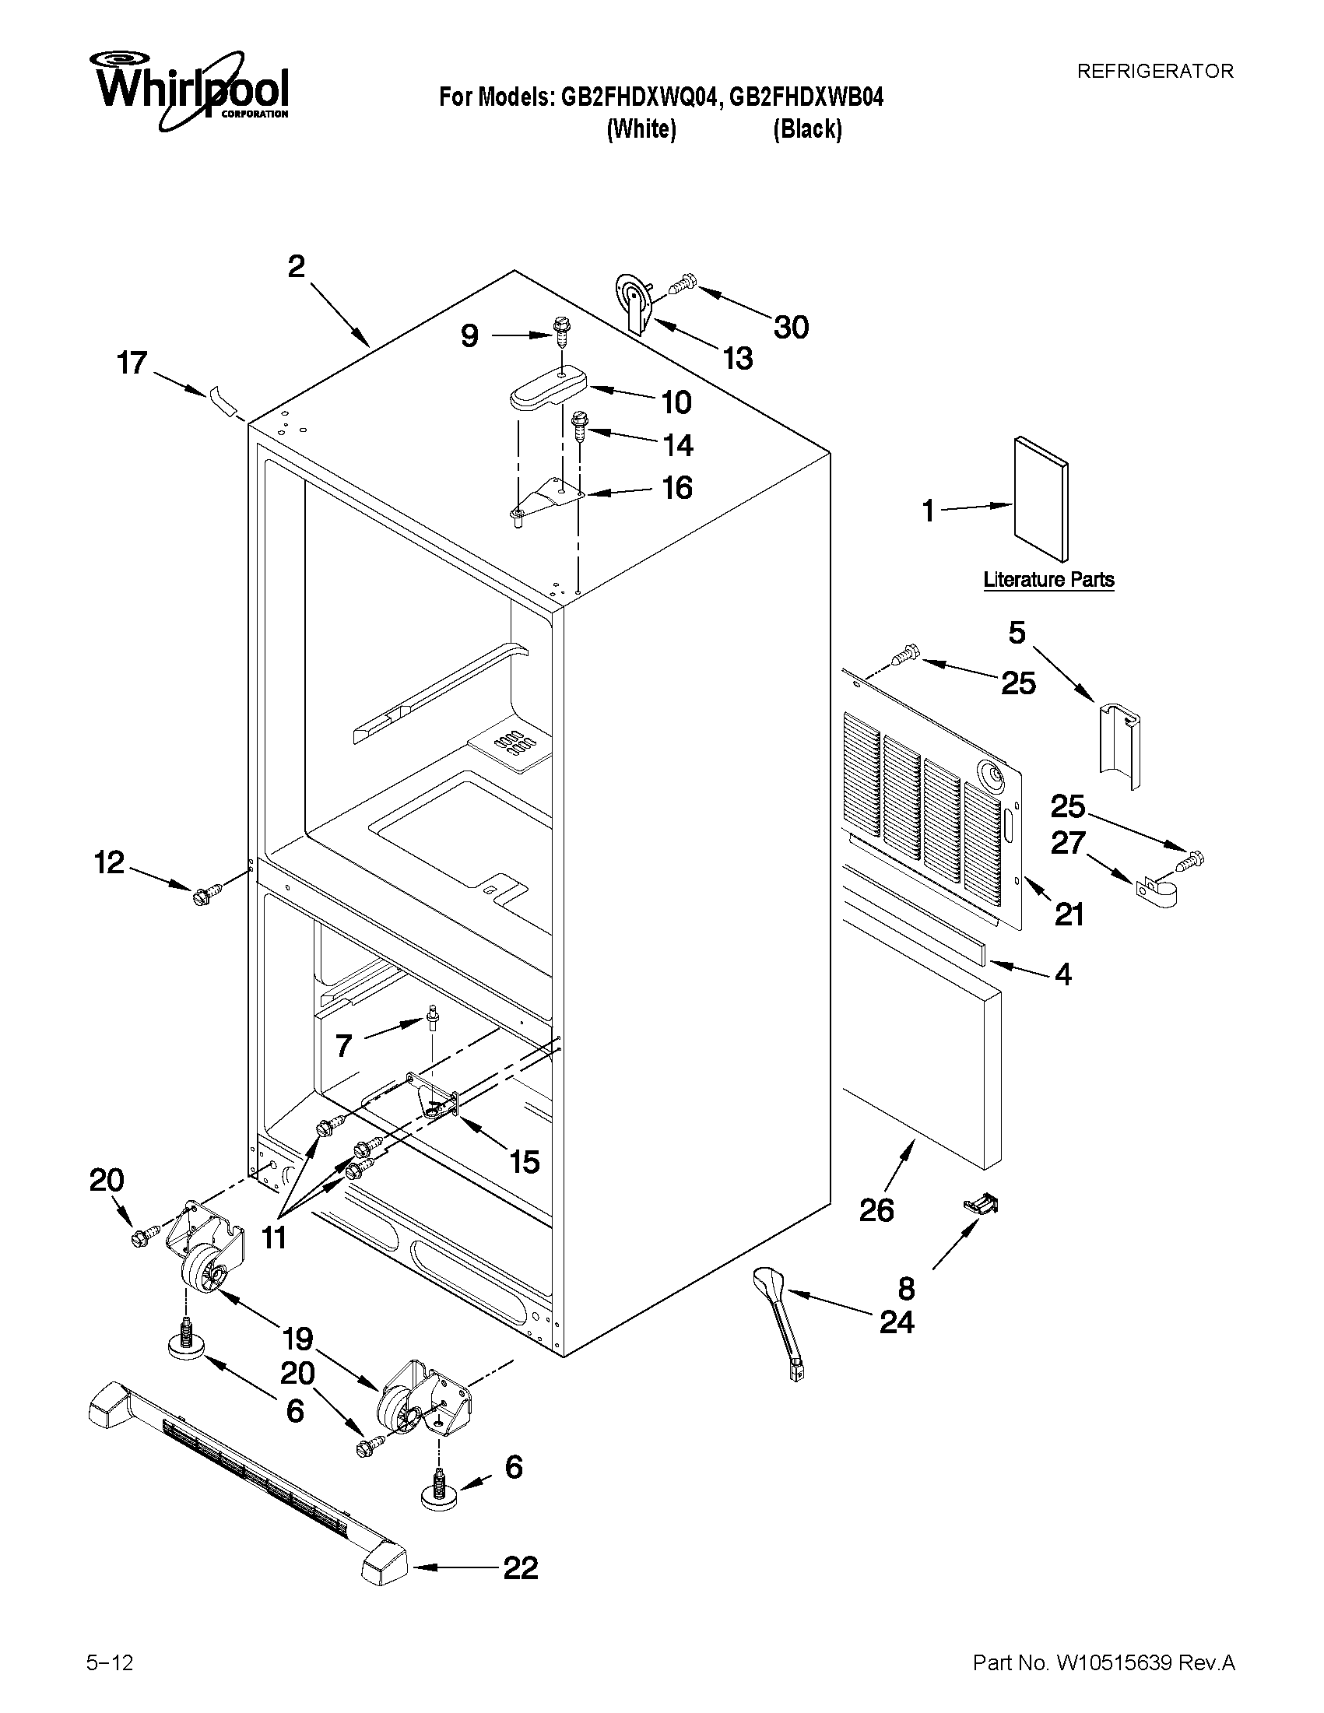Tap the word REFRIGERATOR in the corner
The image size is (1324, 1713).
[1154, 72]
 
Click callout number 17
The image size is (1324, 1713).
[132, 363]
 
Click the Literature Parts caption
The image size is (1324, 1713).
[1048, 580]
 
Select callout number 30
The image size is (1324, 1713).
[791, 327]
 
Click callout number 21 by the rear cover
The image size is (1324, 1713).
[1069, 914]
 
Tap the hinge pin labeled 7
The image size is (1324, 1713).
[431, 1017]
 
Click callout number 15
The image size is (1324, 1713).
[524, 1162]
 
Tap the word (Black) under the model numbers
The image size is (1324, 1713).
[807, 128]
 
